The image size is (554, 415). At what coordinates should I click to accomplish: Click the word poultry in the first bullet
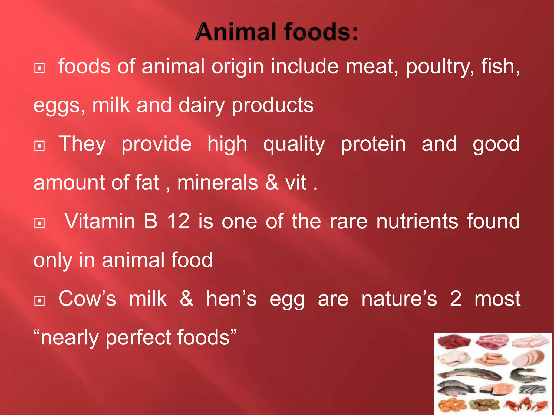[x=440, y=66]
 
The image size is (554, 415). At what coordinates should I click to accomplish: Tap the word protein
[x=373, y=144]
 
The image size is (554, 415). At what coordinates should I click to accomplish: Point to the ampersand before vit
[x=272, y=182]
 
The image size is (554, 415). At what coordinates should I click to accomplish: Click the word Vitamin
[x=100, y=221]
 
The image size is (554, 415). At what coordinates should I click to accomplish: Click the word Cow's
[x=87, y=299]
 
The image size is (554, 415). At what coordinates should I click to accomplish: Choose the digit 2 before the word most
[x=456, y=299]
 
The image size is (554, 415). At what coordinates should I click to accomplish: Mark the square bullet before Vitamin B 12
[x=39, y=223]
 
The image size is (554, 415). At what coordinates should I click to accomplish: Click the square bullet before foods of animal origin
[x=39, y=69]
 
